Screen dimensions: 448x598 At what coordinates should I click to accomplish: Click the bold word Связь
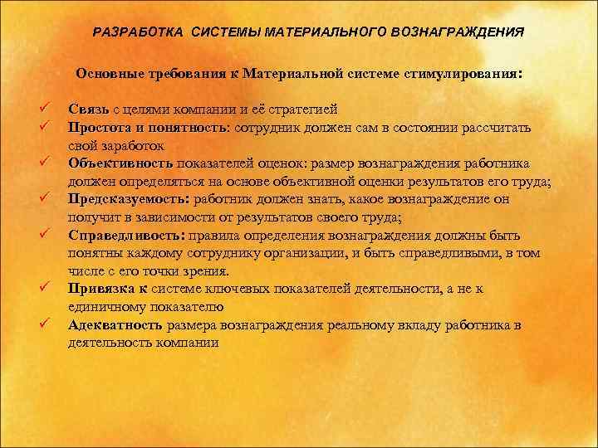click(87, 110)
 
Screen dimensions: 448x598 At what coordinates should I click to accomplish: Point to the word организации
click(314, 253)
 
